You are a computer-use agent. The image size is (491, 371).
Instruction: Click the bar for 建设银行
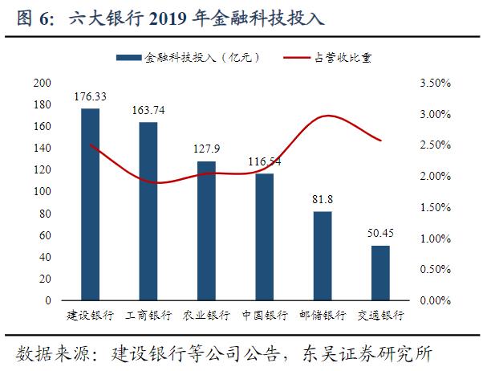91,205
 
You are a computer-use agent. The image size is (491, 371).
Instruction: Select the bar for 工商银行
148,211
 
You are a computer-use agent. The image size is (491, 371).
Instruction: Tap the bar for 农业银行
206,231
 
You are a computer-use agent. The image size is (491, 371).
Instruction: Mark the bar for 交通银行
380,273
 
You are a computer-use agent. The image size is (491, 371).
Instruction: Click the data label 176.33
91,96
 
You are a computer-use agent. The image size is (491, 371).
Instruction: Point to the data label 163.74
148,111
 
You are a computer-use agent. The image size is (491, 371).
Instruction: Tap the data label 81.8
322,198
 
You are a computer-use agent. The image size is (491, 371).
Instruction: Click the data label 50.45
380,233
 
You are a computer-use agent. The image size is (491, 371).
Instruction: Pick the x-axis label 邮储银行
322,314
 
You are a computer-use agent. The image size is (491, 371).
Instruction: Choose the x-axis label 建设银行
91,314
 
